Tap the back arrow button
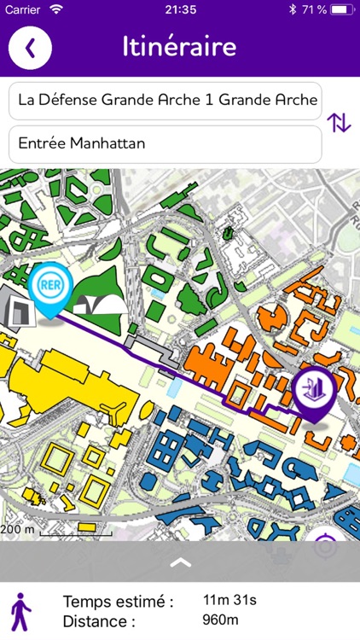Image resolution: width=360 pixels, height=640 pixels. coord(30,47)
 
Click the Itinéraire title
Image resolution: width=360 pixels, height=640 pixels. coord(179,46)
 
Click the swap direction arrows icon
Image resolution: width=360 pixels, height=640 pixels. coord(339,123)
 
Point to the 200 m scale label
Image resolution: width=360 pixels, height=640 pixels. coord(18,528)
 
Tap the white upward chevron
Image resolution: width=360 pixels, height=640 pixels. coord(180,561)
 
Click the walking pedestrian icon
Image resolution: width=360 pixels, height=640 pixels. coord(20,611)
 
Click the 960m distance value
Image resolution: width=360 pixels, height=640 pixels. coord(220,620)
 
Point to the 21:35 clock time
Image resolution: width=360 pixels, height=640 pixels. coord(180,9)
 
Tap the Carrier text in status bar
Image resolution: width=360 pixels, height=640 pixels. coord(23,9)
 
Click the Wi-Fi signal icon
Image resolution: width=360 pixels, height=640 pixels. coord(56,9)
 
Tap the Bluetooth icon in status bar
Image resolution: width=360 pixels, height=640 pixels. coord(291,9)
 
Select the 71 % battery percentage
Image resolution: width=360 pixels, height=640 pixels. coord(311,9)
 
